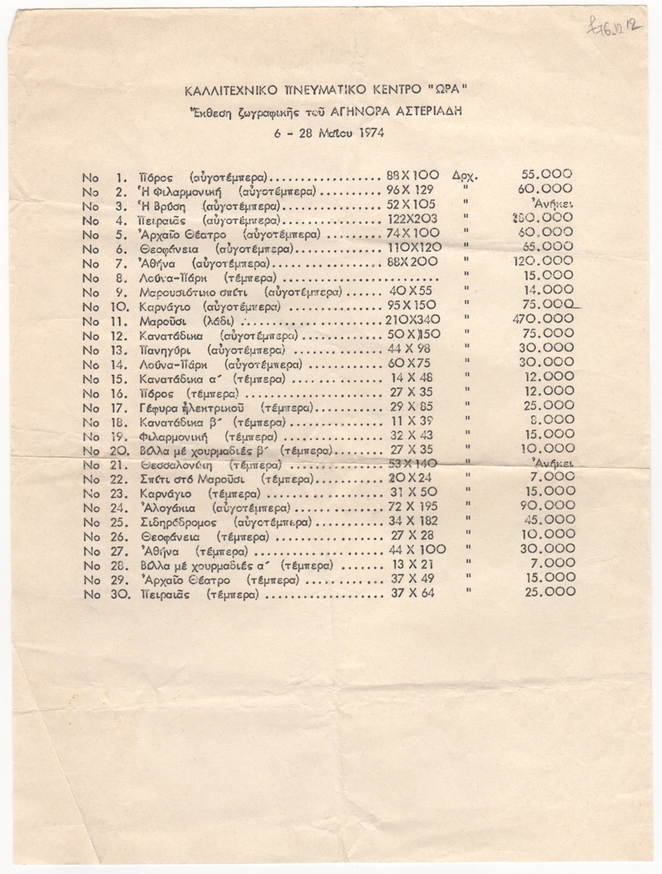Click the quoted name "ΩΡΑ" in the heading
pos(450,92)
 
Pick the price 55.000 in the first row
pos(547,175)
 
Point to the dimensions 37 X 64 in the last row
pos(413,594)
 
